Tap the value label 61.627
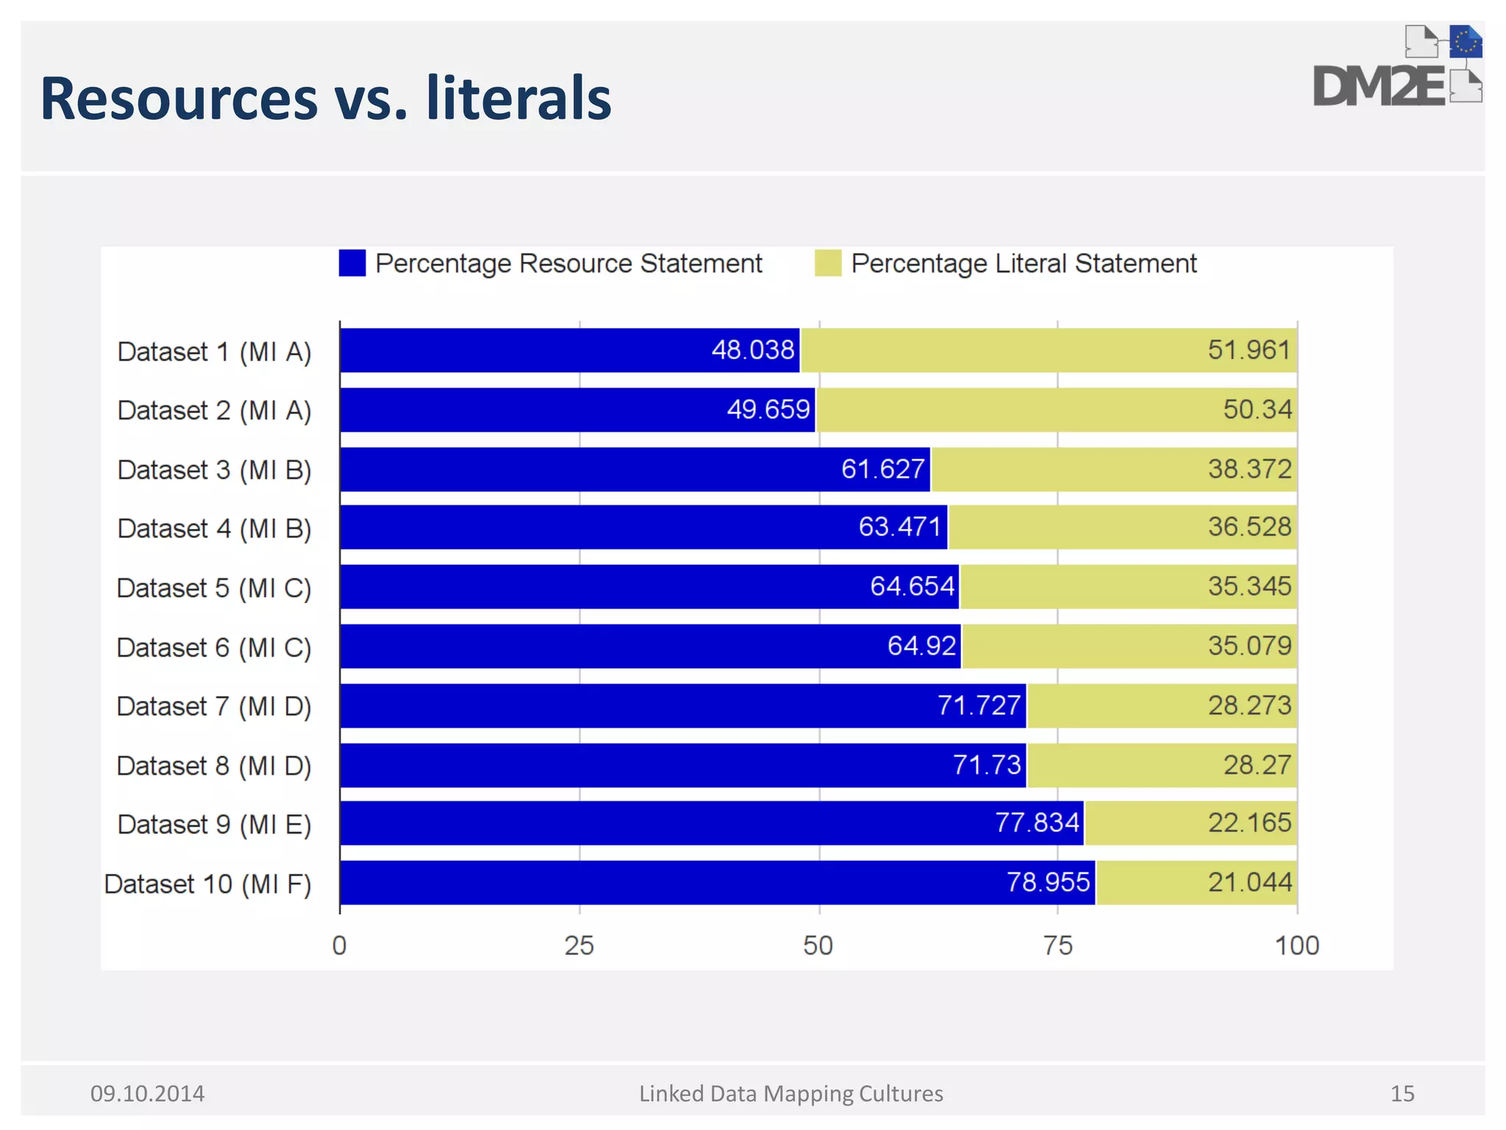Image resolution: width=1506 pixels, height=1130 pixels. tap(882, 469)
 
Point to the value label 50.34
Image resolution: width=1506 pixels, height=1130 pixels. tap(1257, 409)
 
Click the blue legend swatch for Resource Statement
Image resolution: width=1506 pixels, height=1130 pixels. tap(352, 263)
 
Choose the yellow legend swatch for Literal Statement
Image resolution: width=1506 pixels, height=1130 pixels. tap(828, 263)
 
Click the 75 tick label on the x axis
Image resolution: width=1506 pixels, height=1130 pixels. tap(1057, 945)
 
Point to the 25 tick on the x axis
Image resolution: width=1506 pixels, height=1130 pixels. tap(579, 945)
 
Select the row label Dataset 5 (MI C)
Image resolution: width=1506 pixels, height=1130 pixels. tap(214, 588)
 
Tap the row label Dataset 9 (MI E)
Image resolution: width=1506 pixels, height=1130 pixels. tap(214, 824)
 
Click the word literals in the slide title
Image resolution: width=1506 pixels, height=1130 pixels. tap(518, 99)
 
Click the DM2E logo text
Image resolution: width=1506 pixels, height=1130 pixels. tap(1379, 87)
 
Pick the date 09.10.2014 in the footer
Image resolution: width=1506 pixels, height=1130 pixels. tap(147, 1094)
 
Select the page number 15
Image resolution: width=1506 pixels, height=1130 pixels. tap(1402, 1094)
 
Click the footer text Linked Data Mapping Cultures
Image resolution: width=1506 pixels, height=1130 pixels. tap(791, 1094)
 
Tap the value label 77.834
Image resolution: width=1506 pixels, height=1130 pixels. tap(1037, 822)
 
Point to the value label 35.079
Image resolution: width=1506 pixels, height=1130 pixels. tap(1249, 646)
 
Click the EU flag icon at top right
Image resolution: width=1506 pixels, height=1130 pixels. tap(1465, 42)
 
